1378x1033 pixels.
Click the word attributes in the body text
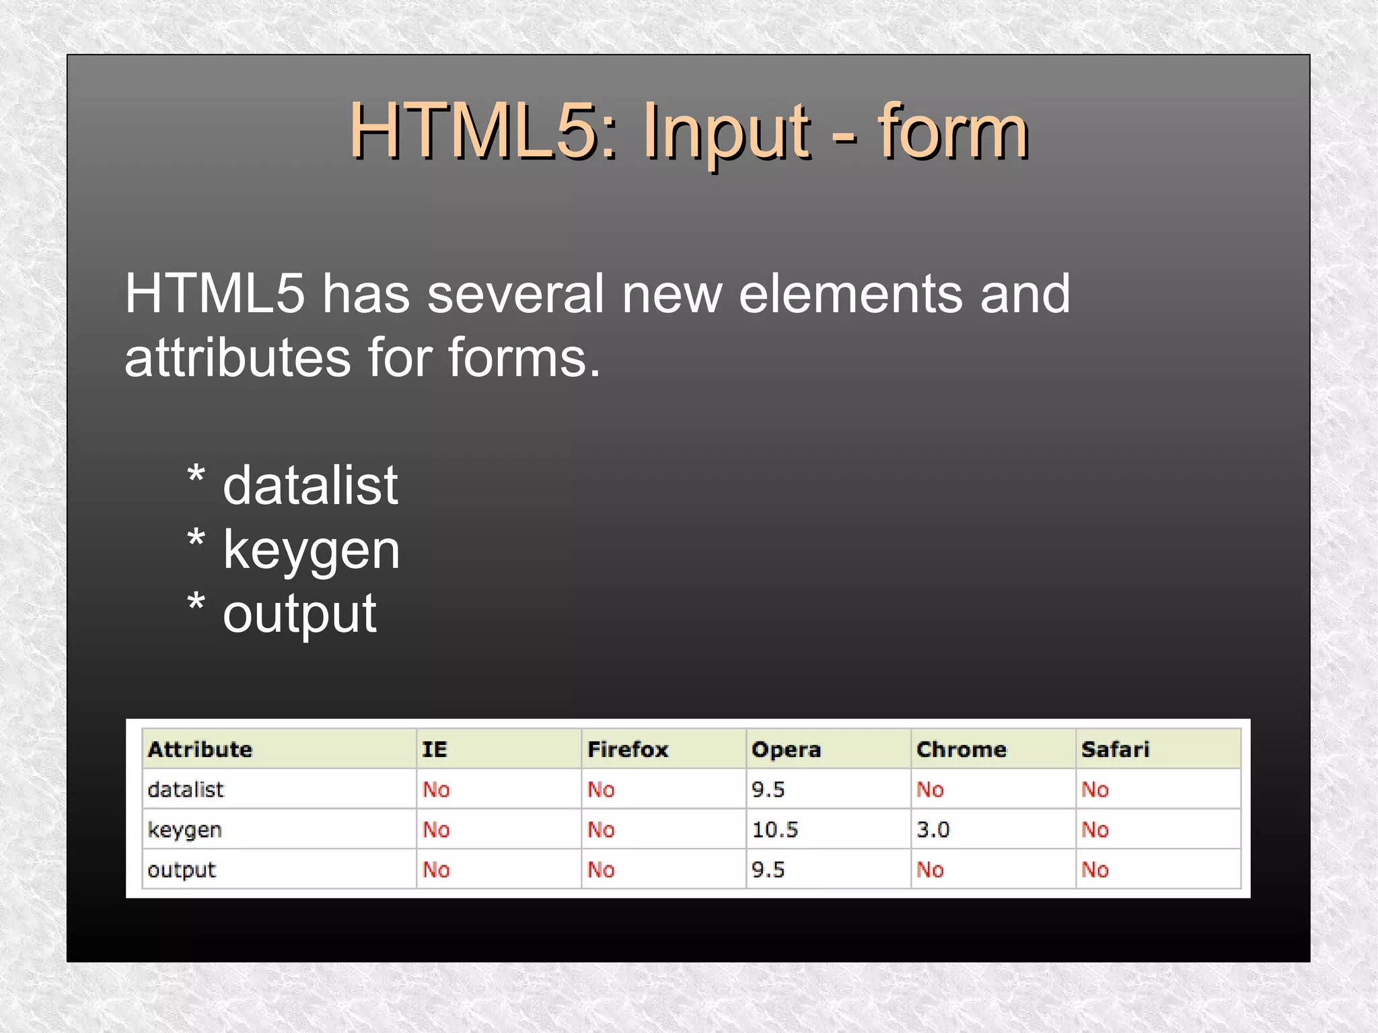238,357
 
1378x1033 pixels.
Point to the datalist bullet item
310,485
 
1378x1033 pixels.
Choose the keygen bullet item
311,550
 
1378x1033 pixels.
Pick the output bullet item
299,613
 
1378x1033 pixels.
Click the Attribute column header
200,749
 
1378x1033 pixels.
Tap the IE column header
434,749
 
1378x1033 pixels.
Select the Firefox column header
627,749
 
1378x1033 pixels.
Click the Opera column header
786,749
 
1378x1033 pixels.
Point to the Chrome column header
961,749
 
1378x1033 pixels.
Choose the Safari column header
1115,749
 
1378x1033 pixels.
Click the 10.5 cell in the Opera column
774,829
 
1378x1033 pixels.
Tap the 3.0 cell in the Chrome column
933,829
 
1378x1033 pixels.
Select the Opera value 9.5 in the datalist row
768,789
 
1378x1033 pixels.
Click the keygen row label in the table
184,829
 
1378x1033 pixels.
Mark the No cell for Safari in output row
1095,869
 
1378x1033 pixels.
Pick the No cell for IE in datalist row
436,789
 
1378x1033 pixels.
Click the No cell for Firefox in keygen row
601,829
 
